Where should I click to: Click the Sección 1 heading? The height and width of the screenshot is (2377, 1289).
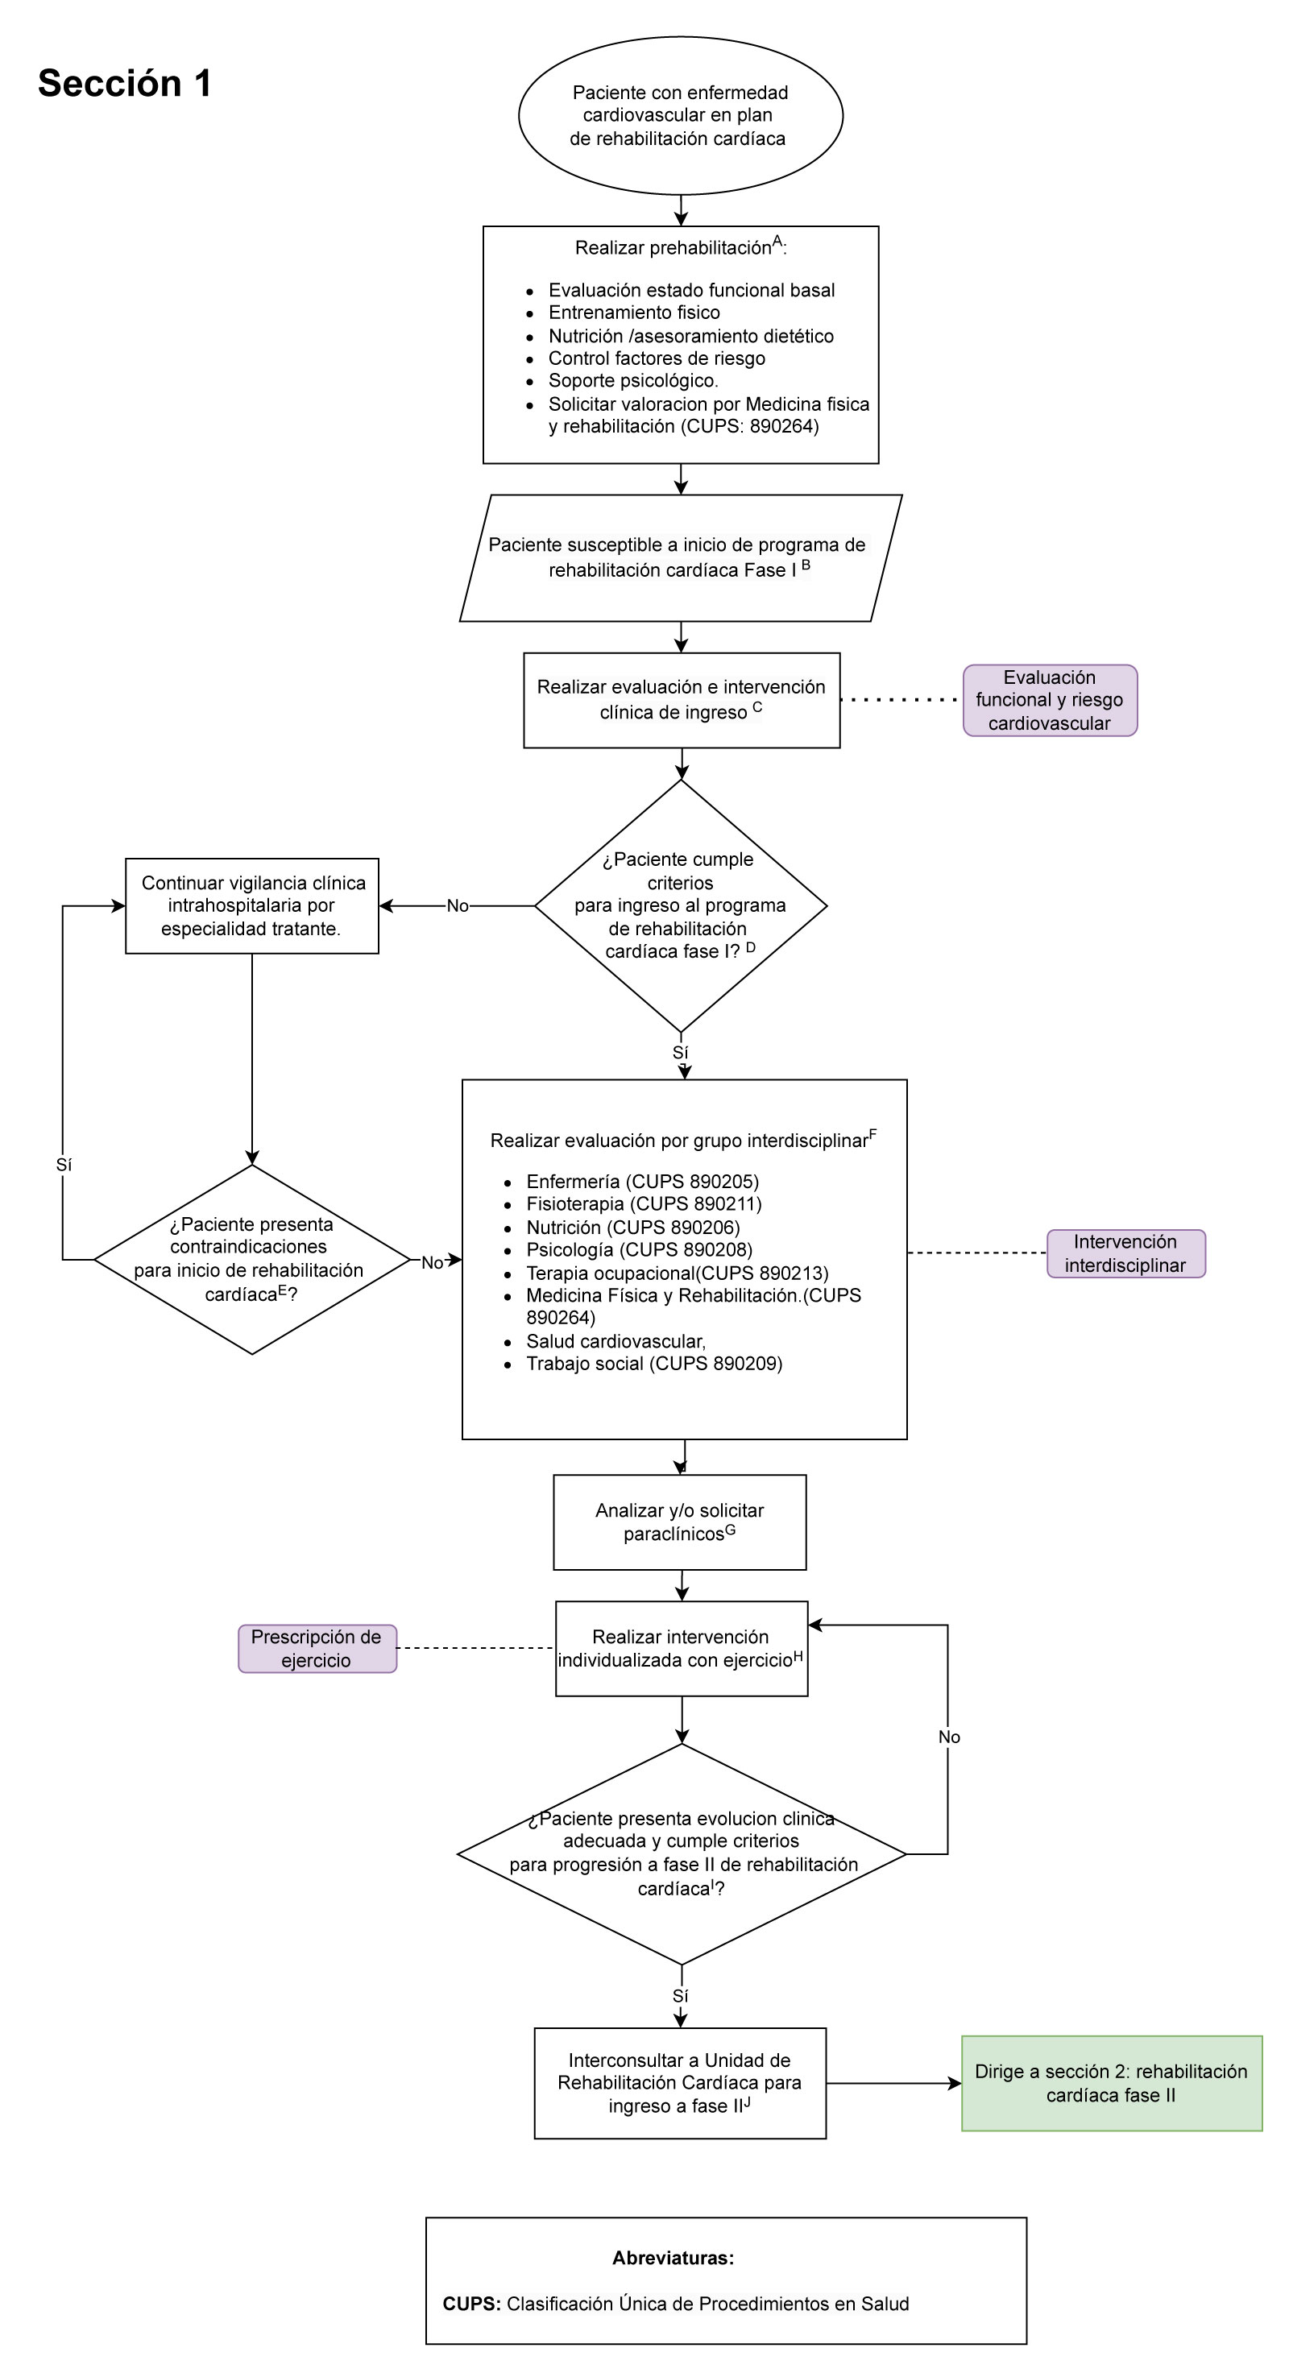125,84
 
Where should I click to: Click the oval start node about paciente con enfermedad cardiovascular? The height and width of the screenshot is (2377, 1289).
680,115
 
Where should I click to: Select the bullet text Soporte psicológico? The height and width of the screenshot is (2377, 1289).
633,380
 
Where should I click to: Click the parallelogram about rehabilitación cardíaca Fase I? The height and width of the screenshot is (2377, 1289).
680,557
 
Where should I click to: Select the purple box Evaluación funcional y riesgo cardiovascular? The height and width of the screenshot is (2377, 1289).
1049,700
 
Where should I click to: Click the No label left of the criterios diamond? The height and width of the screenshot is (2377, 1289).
457,906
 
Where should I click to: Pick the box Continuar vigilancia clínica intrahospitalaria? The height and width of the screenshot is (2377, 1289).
252,906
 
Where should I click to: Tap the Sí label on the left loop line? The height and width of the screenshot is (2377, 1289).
64,1166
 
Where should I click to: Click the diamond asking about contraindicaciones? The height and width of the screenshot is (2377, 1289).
252,1260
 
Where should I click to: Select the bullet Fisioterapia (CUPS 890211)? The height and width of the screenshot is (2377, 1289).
643,1204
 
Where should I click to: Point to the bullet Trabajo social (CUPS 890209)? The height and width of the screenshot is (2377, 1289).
653,1364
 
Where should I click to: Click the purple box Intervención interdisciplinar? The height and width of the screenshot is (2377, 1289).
1125,1254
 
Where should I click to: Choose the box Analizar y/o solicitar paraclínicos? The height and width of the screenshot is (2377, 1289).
679,1522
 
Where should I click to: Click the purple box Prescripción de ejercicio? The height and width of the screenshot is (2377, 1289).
317,1649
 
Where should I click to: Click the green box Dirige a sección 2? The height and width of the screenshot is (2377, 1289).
1111,2084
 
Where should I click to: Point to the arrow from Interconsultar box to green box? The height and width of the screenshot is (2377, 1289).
893,2084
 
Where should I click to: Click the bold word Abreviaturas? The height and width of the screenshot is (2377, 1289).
673,2258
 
